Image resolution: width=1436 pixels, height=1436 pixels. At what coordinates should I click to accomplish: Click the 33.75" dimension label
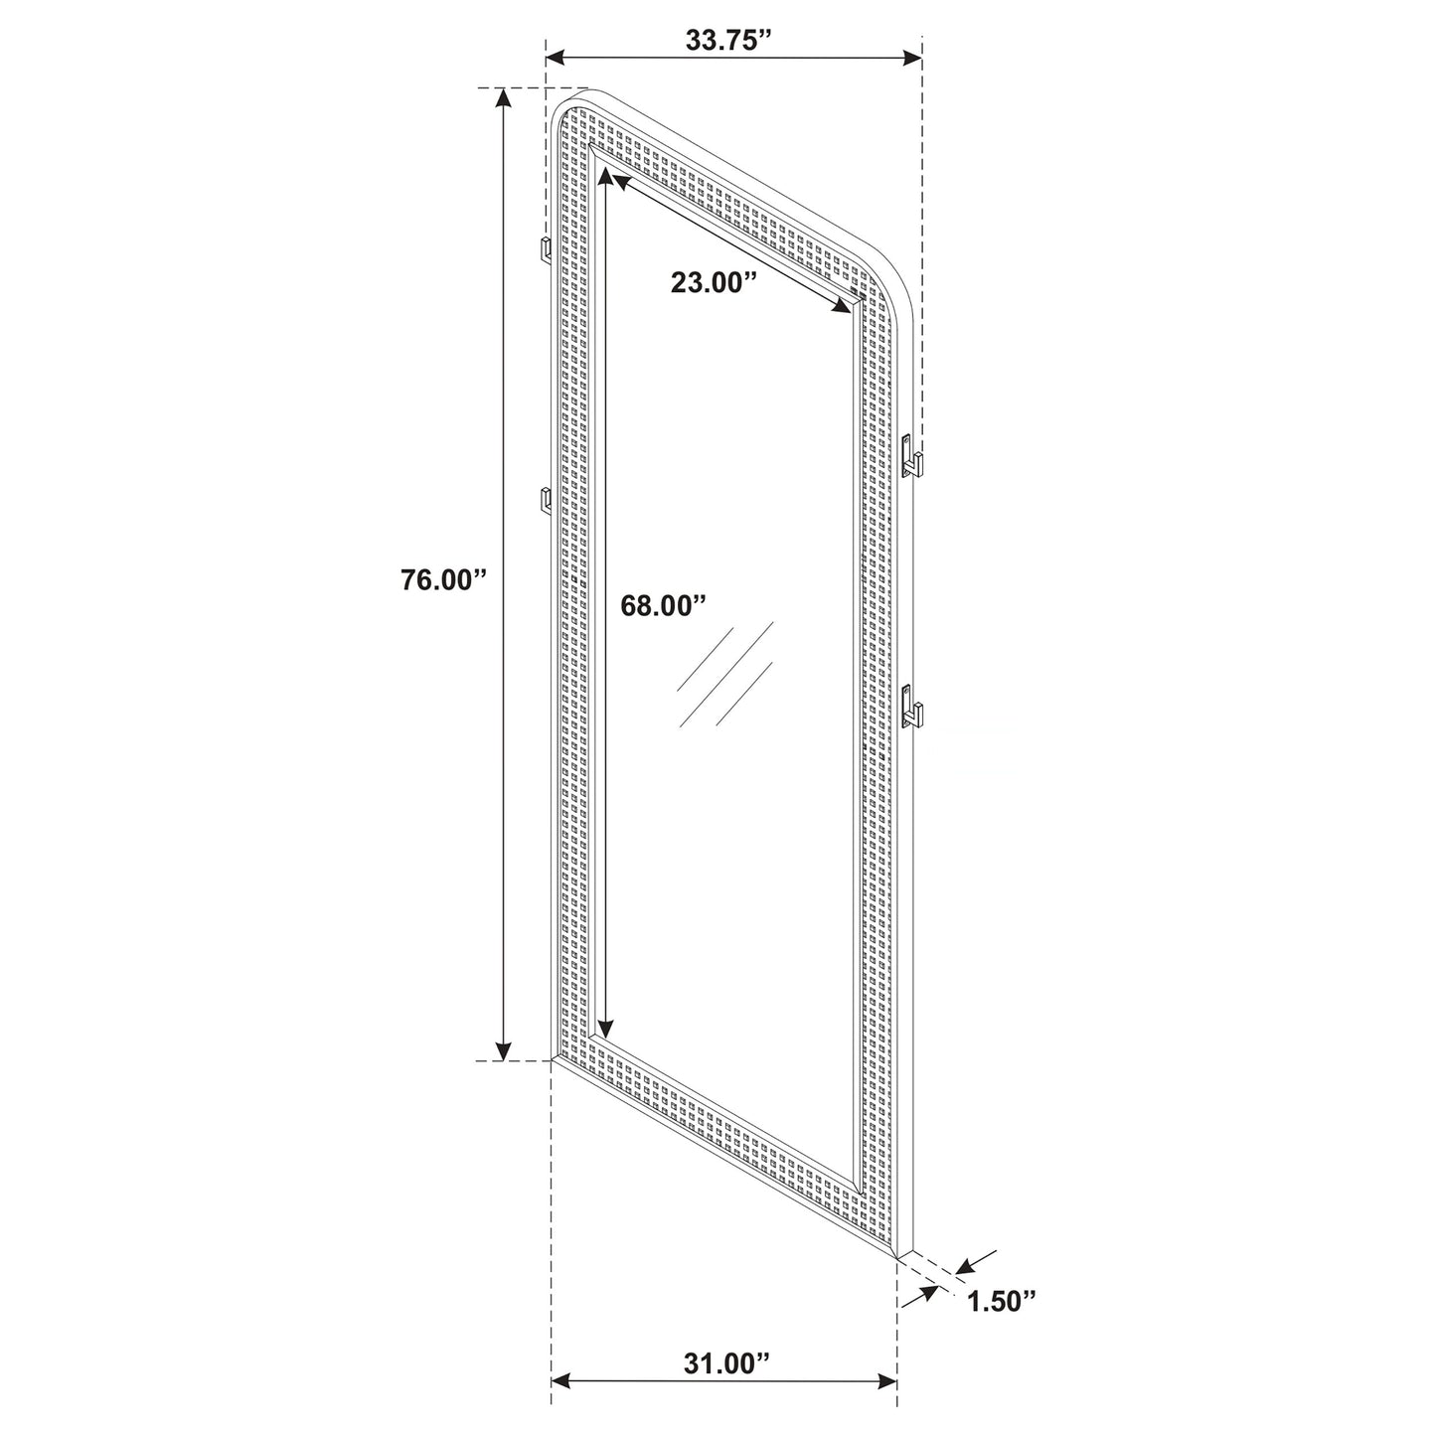[x=728, y=41]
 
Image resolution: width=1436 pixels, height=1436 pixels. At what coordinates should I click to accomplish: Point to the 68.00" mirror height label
[x=663, y=605]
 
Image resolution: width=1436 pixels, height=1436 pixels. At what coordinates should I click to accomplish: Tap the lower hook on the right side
[x=911, y=708]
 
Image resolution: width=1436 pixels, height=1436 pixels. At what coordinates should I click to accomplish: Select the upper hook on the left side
[x=545, y=251]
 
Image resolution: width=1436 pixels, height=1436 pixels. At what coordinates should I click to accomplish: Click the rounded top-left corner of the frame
[x=563, y=104]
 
